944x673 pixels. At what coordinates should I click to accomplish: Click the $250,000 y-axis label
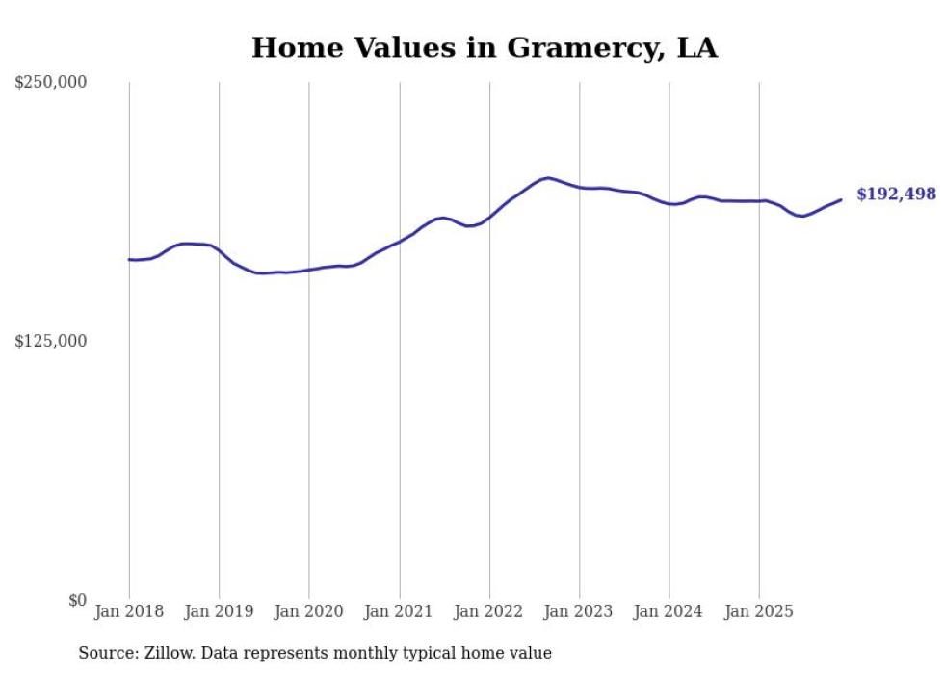click(51, 83)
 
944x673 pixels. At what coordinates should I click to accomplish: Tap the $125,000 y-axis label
click(51, 341)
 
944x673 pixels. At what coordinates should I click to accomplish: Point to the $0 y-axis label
click(78, 600)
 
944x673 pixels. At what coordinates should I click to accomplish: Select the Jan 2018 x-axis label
click(129, 611)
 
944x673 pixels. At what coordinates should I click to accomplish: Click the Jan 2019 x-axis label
click(219, 611)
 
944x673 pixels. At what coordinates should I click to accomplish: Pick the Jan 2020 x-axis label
click(309, 611)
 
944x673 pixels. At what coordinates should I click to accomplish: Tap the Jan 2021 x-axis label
click(399, 611)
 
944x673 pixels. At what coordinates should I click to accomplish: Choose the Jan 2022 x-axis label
click(489, 611)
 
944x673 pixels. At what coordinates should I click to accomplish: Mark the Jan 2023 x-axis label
click(579, 611)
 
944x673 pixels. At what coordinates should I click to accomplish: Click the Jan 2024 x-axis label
click(669, 611)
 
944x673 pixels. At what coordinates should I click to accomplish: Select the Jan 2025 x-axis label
click(759, 611)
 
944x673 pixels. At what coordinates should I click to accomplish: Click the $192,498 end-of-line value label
click(896, 194)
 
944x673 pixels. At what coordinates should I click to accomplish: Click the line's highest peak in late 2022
click(547, 178)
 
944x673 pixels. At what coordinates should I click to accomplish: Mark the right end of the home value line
click(841, 200)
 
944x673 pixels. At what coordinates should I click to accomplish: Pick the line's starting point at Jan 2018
click(129, 259)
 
